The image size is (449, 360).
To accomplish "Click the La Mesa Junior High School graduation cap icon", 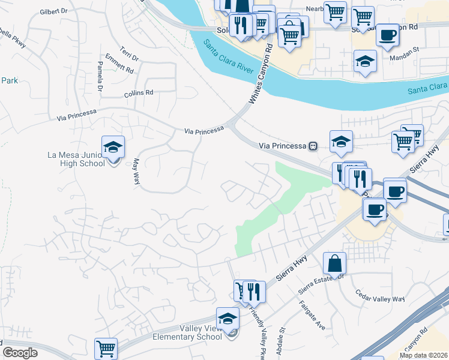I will pyautogui.click(x=113, y=148).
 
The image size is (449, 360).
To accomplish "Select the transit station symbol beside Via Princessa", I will pyautogui.click(x=313, y=146).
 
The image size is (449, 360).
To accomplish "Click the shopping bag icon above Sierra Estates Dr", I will pyautogui.click(x=334, y=263).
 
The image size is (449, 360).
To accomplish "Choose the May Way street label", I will pyautogui.click(x=136, y=171).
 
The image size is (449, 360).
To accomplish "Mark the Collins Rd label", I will pyautogui.click(x=139, y=93).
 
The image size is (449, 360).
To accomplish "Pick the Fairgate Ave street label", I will pyautogui.click(x=313, y=316).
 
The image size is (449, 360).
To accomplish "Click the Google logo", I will pyautogui.click(x=20, y=352).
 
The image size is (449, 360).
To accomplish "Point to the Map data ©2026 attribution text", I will pyautogui.click(x=423, y=355).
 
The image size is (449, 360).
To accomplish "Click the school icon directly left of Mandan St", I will pyautogui.click(x=365, y=62).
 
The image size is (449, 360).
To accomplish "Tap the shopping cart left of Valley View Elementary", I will pyautogui.click(x=106, y=349).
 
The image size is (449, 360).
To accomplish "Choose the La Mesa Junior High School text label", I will pyautogui.click(x=76, y=159).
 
